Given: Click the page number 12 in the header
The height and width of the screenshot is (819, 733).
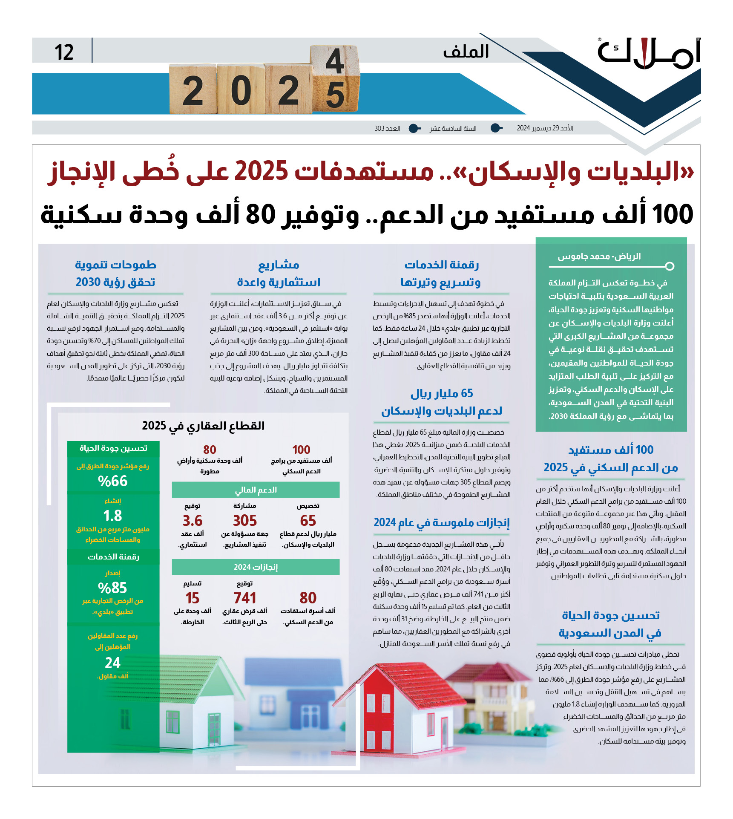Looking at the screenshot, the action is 64,52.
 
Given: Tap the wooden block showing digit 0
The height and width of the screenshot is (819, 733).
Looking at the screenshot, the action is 241,90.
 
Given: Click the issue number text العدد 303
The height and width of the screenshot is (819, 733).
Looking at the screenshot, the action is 387,128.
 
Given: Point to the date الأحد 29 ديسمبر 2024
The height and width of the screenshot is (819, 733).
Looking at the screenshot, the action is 545,128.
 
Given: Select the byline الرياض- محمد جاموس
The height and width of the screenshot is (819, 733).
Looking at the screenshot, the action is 599,257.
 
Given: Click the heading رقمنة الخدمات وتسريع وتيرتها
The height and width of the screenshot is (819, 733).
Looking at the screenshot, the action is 441,273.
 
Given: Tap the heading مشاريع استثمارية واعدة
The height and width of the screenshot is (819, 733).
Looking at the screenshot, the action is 279,273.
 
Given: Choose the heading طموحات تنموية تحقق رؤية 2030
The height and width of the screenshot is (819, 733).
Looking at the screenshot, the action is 115,273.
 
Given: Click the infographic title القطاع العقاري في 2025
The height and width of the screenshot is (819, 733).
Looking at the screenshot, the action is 203,426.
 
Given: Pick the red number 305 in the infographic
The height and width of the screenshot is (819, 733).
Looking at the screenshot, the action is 245,521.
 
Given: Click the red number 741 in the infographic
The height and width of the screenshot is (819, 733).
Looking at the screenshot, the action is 245,598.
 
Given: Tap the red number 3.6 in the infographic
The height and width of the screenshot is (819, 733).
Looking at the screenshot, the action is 193,521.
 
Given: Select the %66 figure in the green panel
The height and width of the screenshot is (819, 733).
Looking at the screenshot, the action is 113,481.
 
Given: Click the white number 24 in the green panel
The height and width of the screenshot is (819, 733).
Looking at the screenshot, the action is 113,663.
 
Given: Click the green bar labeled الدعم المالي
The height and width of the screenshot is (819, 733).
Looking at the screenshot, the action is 256,490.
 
